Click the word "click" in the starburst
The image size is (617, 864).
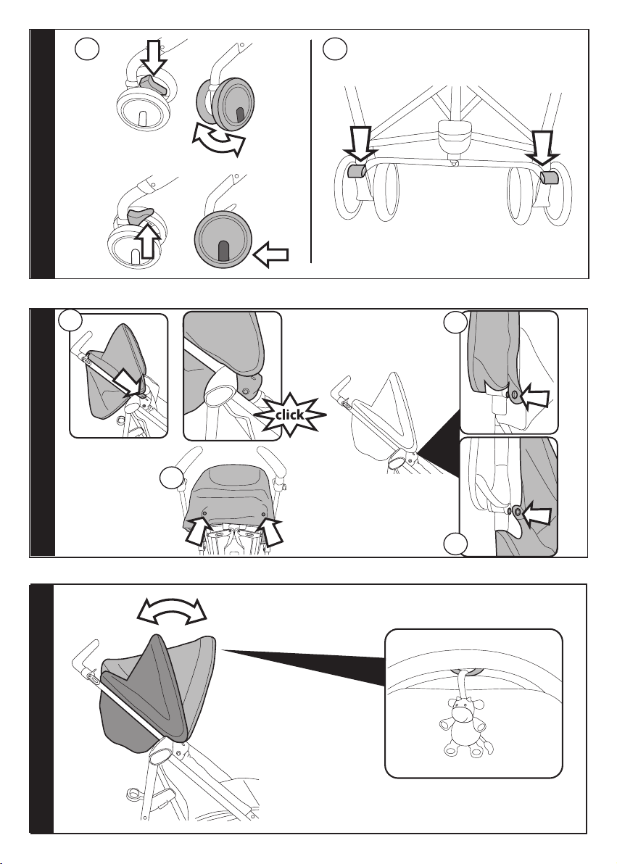[x=289, y=415]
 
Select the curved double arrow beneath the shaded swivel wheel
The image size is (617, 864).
[x=218, y=140]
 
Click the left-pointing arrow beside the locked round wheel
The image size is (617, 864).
[x=270, y=254]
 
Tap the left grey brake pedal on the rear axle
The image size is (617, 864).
[x=356, y=172]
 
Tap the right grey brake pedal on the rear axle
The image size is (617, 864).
[x=549, y=177]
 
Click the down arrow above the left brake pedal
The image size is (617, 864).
[x=360, y=144]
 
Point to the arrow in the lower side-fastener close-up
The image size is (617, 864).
[x=536, y=515]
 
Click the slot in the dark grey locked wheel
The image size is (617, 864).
[x=223, y=252]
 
